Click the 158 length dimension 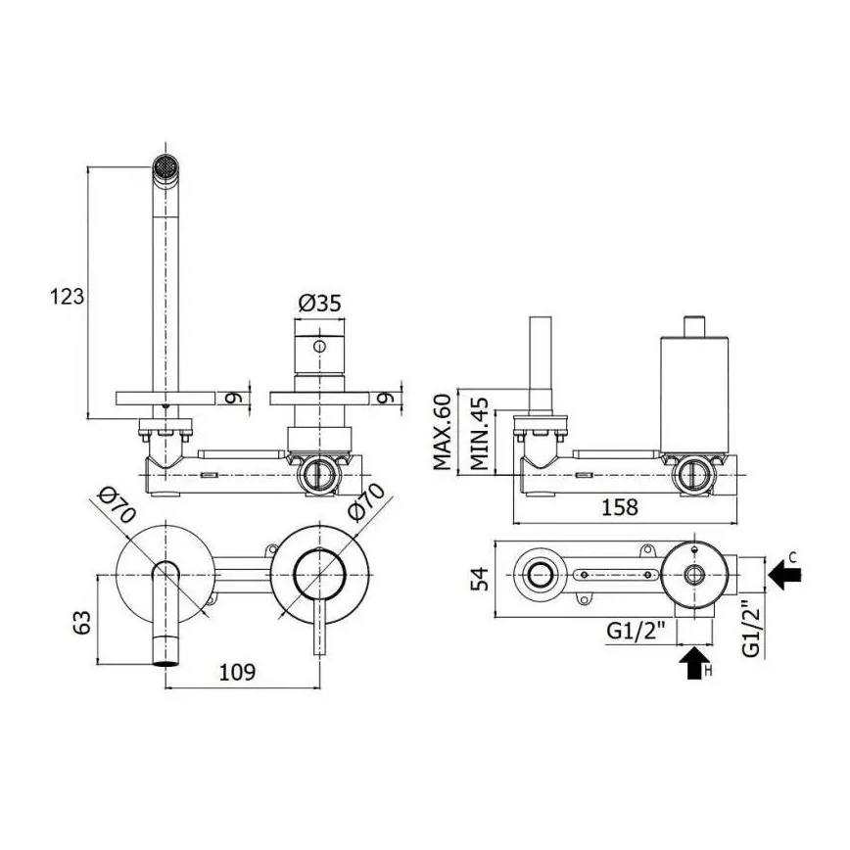tap(617, 506)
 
